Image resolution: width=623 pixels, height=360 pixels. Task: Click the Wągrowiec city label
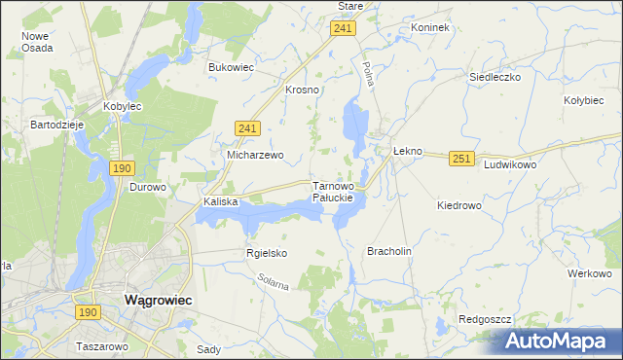point(158,301)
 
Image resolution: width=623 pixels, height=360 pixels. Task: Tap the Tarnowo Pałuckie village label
point(339,191)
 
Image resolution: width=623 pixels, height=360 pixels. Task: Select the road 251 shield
point(461,158)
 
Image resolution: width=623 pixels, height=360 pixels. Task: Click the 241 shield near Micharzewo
point(247,127)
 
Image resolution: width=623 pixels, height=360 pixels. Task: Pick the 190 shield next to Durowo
point(122,168)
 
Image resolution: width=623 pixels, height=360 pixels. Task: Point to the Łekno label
point(407,152)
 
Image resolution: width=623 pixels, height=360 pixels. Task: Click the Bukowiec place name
point(231,67)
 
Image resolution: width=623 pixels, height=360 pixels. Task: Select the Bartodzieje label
point(59,126)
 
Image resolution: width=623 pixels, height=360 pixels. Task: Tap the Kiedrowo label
point(459,205)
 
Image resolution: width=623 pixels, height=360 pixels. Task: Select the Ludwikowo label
point(511,165)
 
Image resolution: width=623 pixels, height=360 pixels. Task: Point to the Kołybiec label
point(586,99)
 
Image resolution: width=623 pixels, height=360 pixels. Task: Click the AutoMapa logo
point(556,342)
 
